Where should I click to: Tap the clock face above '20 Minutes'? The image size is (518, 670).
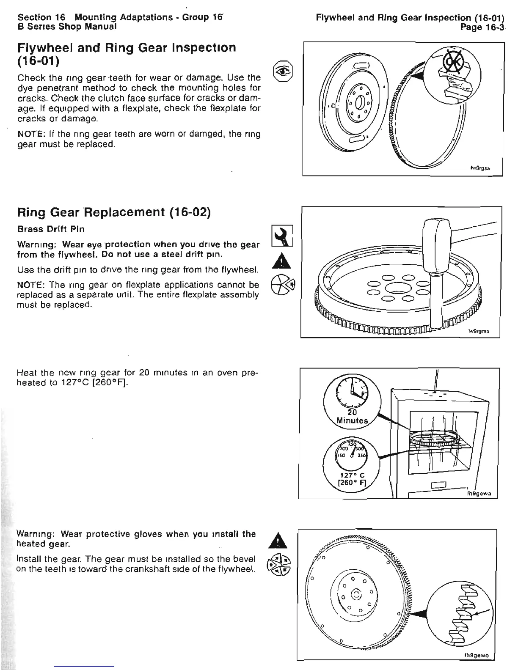click(x=351, y=392)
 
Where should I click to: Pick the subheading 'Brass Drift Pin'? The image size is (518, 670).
click(x=50, y=229)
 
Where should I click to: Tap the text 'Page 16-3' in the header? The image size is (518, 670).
click(x=482, y=28)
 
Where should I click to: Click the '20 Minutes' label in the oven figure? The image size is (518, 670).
click(x=352, y=416)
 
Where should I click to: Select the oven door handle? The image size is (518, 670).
click(x=438, y=484)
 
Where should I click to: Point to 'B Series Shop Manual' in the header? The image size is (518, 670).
click(x=67, y=26)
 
